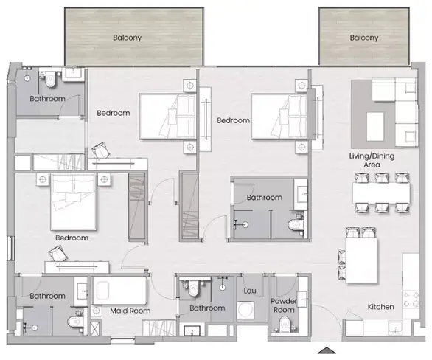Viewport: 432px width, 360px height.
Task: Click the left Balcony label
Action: click(x=128, y=38)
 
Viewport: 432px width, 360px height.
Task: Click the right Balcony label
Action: click(x=364, y=38)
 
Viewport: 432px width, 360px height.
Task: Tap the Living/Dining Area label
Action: click(x=372, y=160)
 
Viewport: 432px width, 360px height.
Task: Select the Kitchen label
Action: click(x=380, y=307)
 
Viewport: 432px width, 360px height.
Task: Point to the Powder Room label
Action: click(x=284, y=305)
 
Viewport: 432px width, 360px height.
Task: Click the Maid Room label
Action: click(x=130, y=311)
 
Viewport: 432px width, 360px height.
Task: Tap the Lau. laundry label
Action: click(x=251, y=291)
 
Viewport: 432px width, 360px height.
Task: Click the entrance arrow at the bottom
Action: click(x=327, y=350)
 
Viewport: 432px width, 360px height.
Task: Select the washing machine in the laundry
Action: click(x=245, y=310)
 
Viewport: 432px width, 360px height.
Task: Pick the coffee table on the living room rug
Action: click(x=375, y=127)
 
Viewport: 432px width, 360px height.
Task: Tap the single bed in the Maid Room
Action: click(x=119, y=291)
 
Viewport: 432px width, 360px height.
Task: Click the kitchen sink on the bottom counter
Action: click(x=396, y=328)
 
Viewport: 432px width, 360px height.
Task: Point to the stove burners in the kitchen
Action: click(x=411, y=300)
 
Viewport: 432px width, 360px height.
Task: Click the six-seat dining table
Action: click(x=381, y=193)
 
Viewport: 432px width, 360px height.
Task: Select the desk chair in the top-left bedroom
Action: click(x=101, y=150)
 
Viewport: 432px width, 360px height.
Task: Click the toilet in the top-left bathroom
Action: click(x=50, y=78)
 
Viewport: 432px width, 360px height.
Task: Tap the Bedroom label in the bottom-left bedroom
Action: click(x=72, y=238)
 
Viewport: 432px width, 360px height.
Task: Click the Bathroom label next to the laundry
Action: click(x=207, y=308)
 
